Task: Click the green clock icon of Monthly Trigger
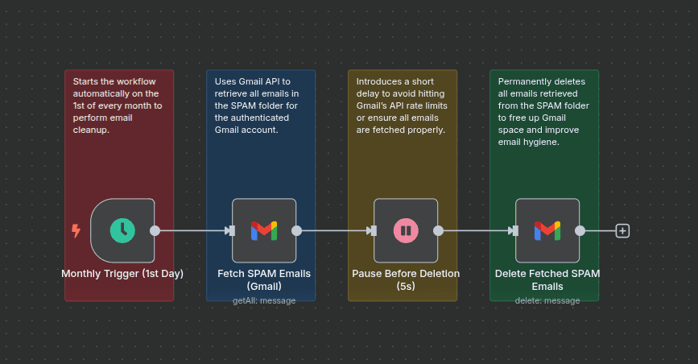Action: (122, 230)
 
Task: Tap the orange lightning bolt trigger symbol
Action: (76, 231)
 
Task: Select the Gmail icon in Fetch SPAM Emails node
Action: (264, 230)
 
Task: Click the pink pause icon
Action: (406, 230)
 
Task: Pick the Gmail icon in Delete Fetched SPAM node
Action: (547, 230)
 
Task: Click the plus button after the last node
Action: (622, 230)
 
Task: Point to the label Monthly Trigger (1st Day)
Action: (122, 274)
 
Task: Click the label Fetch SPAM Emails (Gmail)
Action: (264, 279)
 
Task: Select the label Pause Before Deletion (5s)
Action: (406, 279)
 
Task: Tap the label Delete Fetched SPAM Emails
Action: (547, 279)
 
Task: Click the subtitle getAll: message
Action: (264, 300)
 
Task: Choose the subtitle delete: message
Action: (547, 300)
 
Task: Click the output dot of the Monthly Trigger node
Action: (155, 230)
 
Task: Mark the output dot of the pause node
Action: (438, 230)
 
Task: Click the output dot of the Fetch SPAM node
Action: (296, 230)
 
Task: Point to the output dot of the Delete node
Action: (580, 230)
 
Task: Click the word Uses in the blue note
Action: (225, 82)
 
